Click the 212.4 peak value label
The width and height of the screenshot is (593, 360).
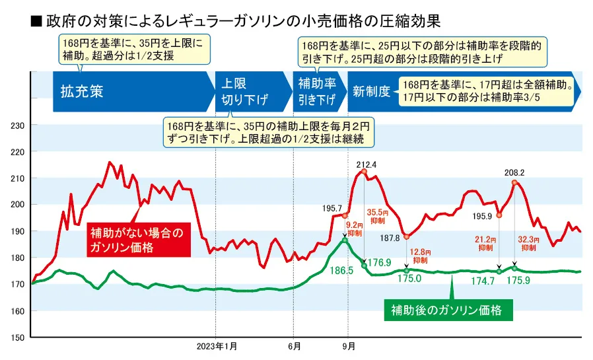365,164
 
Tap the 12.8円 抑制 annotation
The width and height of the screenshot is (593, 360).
421,255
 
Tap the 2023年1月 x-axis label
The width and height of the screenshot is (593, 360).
216,346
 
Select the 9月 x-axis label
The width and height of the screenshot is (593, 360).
349,346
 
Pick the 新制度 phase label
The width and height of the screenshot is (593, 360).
371,92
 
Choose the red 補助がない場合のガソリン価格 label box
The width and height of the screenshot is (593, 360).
139,240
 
